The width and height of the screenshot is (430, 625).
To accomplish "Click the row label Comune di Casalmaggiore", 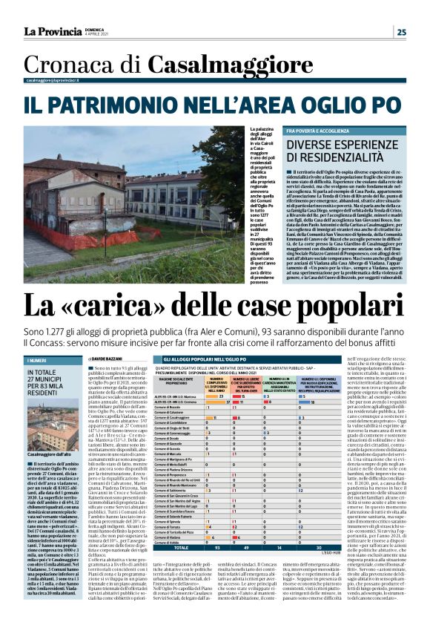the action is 176,419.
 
